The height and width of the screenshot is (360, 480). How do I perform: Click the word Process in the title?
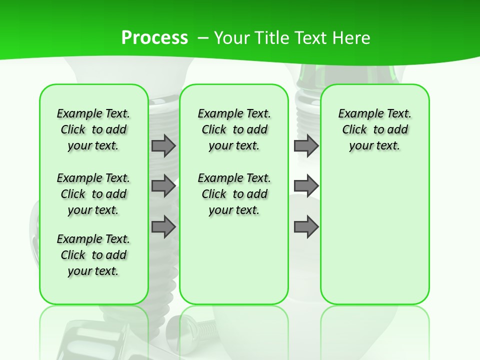[x=154, y=37]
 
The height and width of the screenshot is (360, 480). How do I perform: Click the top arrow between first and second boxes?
[x=163, y=146]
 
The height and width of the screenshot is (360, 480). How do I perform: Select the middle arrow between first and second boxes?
[x=163, y=186]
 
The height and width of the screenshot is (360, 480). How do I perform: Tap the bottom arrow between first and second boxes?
[x=163, y=227]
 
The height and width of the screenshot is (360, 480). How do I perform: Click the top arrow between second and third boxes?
[x=306, y=146]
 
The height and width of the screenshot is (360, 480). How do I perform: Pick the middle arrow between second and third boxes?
[x=306, y=186]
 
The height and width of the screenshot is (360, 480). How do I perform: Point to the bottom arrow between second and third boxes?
[x=306, y=227]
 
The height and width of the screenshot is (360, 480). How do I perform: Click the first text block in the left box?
[x=93, y=129]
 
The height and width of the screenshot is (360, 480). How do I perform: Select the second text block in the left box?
[x=93, y=194]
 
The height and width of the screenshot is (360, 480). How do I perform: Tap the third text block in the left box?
[x=93, y=255]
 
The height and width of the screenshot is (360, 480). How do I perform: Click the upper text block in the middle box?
[x=234, y=129]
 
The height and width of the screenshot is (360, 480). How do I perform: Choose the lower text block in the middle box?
[x=234, y=194]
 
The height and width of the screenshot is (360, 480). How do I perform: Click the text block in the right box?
[x=374, y=129]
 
